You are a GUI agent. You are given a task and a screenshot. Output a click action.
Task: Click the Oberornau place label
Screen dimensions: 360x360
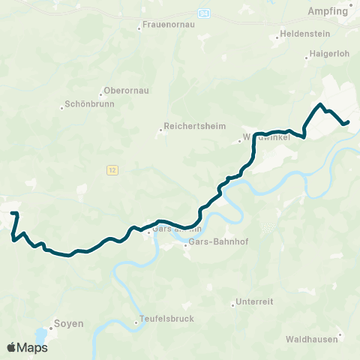click(126, 90)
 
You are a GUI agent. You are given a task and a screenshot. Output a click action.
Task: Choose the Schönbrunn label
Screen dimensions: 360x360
click(90, 105)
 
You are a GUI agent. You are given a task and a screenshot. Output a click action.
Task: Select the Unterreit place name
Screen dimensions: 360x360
click(254, 301)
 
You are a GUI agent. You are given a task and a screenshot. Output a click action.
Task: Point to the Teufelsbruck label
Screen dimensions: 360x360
click(166, 319)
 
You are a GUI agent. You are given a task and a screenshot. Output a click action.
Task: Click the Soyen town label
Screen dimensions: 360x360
click(68, 325)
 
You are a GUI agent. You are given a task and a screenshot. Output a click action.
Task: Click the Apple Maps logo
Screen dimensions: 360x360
click(27, 347)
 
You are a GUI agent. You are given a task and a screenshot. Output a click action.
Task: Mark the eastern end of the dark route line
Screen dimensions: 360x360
click(349, 121)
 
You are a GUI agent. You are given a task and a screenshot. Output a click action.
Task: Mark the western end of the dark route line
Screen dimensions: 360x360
click(13, 214)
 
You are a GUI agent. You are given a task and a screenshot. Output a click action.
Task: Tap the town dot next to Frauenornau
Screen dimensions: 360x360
click(139, 28)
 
